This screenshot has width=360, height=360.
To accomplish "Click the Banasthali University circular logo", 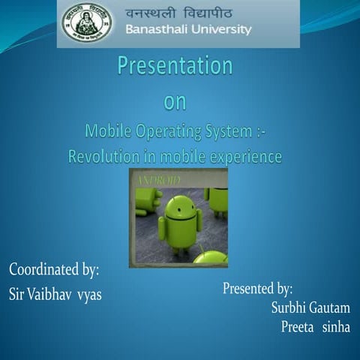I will coord(87,22).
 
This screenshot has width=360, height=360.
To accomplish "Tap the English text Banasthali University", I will coord(188,30).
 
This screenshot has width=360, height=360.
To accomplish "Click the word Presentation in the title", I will coord(175,67).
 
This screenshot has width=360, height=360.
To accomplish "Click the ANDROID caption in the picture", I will coord(158,181).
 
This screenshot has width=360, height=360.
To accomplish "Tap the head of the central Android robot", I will coord(180,205).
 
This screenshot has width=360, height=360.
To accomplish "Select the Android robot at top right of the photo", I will coord(218,198).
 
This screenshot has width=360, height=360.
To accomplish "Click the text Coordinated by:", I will coord(54,268).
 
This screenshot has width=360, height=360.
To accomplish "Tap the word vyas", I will coord(89,293).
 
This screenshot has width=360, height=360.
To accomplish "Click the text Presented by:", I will coord(257,289).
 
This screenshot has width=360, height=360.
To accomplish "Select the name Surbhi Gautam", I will coord(310,307).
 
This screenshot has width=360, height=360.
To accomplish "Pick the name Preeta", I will coord(295,327).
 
